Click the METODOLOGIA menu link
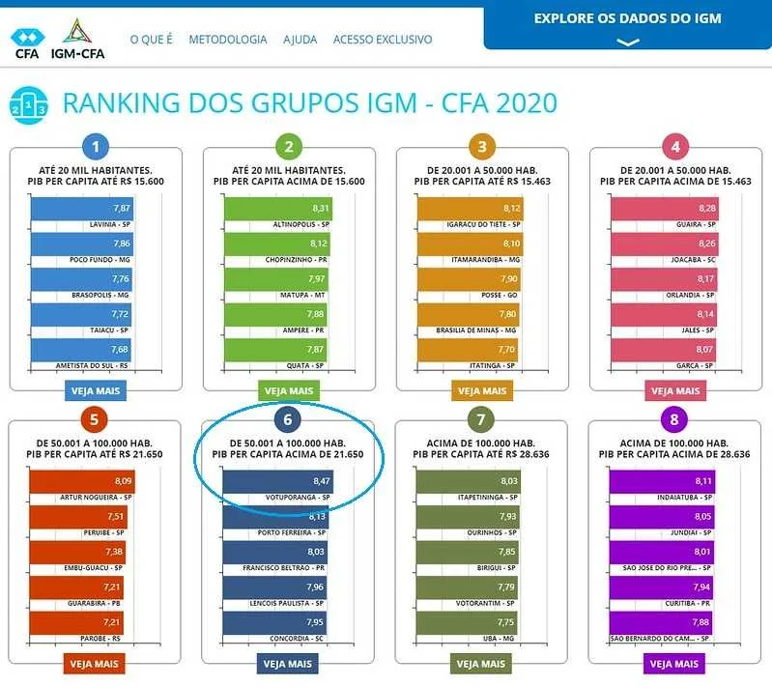228,40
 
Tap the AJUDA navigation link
300,40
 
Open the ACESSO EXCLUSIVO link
383,40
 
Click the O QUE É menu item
151,40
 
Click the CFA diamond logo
28,37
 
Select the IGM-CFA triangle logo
76,31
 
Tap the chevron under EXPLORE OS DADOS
628,43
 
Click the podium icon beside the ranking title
29,105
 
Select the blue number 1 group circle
96,146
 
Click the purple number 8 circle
674,419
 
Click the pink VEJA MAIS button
675,391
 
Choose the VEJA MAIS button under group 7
481,664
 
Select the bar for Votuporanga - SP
278,481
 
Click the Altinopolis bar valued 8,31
278,209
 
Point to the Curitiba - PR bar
661,587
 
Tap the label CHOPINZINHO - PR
296,260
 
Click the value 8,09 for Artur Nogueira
123,481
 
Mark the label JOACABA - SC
693,260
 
